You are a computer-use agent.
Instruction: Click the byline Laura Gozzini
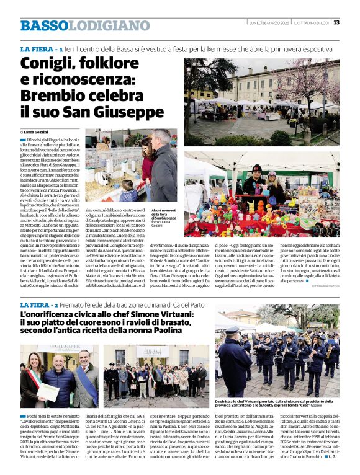[39, 132]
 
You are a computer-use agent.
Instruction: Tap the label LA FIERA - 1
[41, 48]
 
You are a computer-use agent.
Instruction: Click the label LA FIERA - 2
[41, 306]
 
